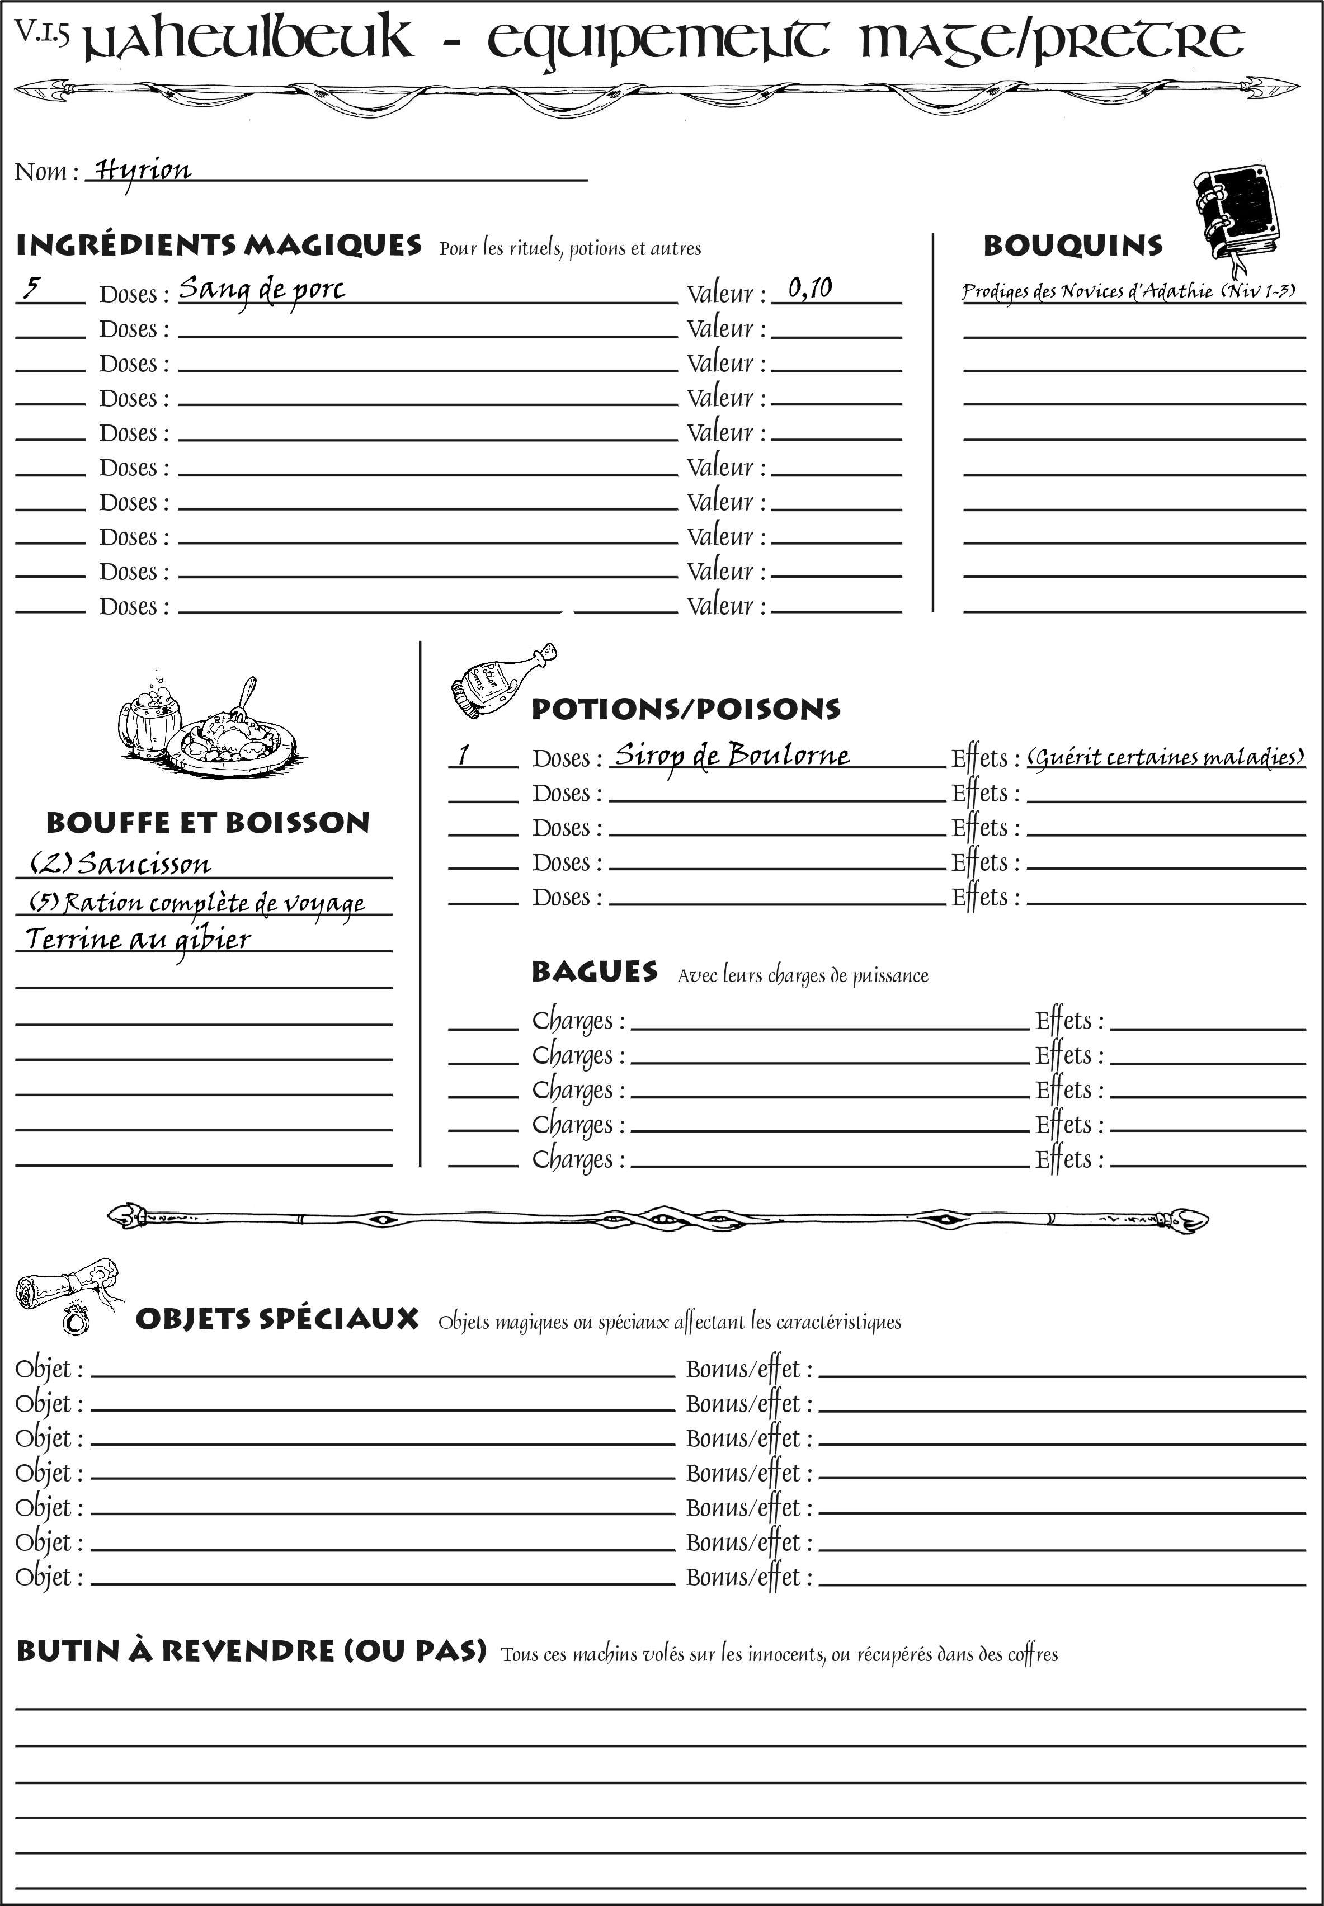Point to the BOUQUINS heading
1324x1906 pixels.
1073,246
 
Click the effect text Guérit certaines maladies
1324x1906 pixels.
1166,757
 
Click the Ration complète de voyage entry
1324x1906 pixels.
197,902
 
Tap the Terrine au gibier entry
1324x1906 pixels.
138,940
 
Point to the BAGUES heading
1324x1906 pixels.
595,971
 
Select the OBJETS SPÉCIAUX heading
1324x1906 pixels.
277,1319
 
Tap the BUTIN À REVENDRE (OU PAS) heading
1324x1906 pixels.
251,1650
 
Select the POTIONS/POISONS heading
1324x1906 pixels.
685,709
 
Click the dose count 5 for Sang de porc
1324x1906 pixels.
31,288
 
